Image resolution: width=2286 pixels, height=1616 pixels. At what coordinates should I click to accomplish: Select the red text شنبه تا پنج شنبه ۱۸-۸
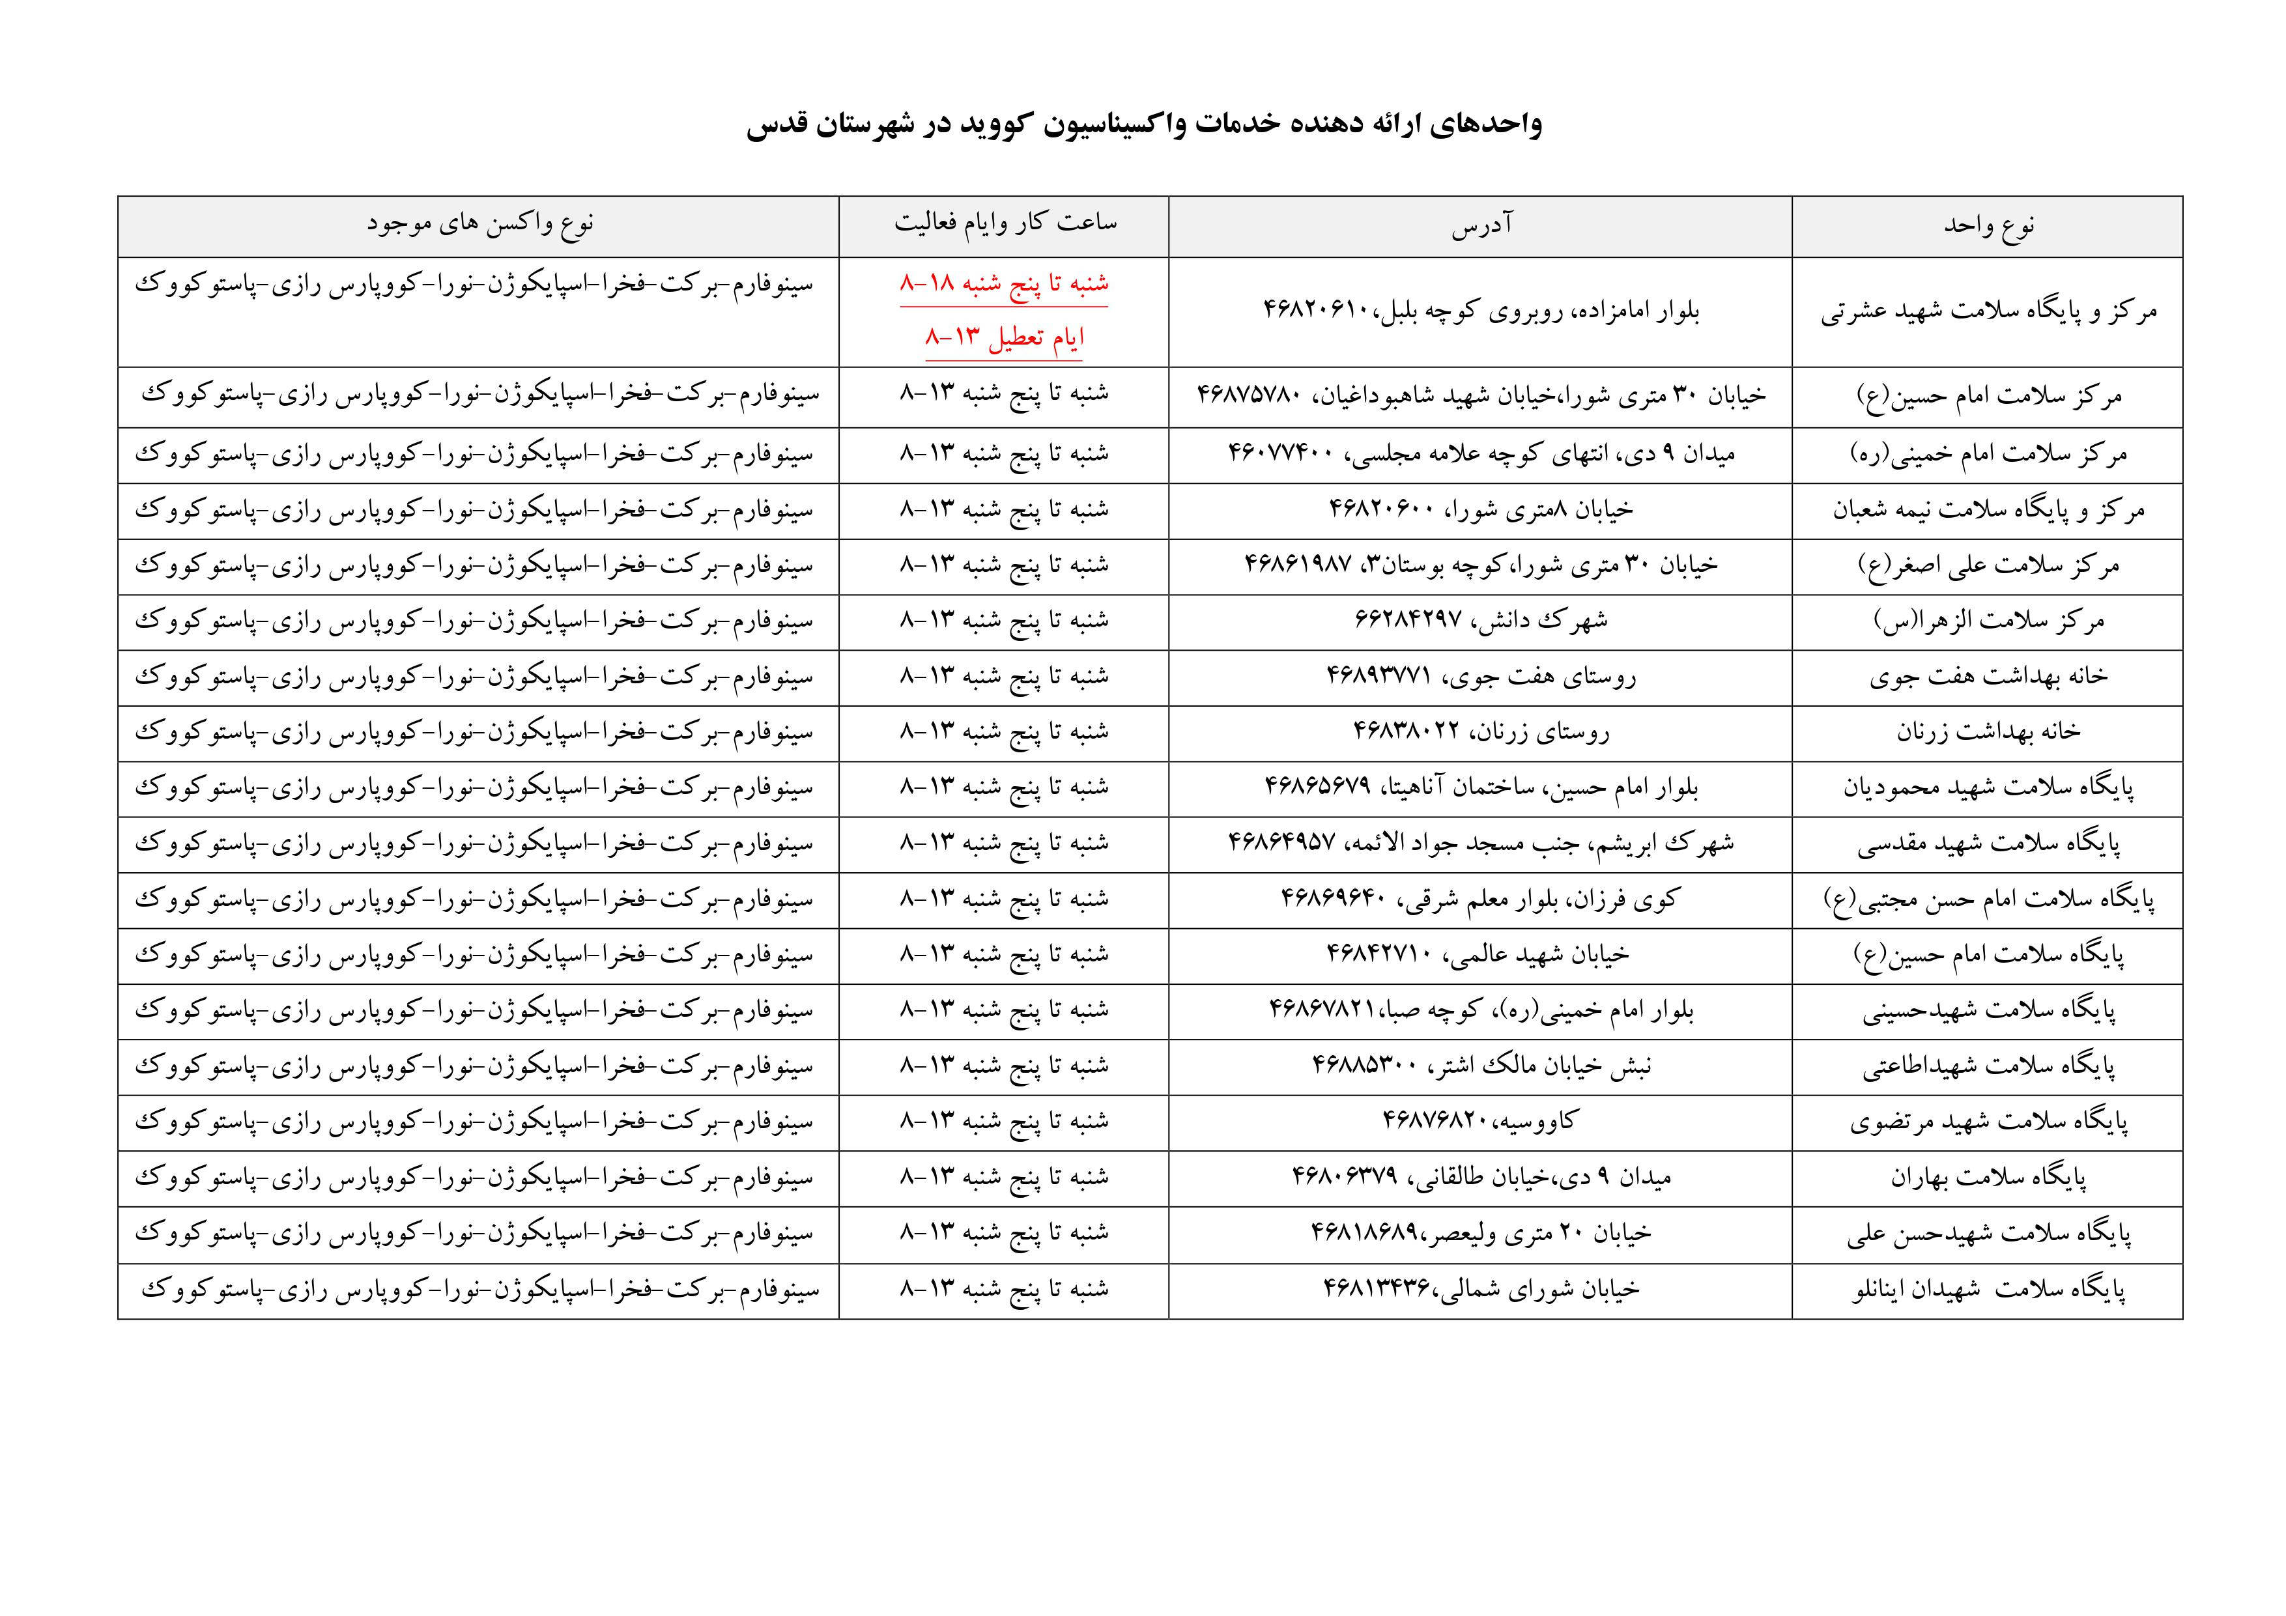[1004, 284]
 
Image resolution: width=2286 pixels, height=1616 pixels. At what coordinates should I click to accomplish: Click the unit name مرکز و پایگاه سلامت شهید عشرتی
[1988, 311]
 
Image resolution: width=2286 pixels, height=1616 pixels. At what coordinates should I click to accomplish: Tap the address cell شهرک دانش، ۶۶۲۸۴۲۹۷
[1481, 620]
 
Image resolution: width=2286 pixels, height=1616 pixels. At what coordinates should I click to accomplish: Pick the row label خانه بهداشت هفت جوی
[1988, 676]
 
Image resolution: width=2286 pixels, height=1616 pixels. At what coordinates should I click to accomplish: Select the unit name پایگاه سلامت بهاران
[1988, 1177]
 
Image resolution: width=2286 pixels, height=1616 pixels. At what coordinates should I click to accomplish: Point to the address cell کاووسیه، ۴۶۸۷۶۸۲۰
[1481, 1121]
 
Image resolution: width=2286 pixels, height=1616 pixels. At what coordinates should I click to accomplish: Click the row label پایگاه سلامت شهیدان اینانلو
[1988, 1290]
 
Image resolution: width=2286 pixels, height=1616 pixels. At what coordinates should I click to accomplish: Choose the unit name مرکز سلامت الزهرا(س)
[1988, 620]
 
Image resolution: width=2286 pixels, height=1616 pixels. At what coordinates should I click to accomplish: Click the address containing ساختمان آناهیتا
[1481, 787]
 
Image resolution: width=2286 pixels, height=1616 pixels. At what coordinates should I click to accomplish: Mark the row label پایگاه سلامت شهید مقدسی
[1988, 843]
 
